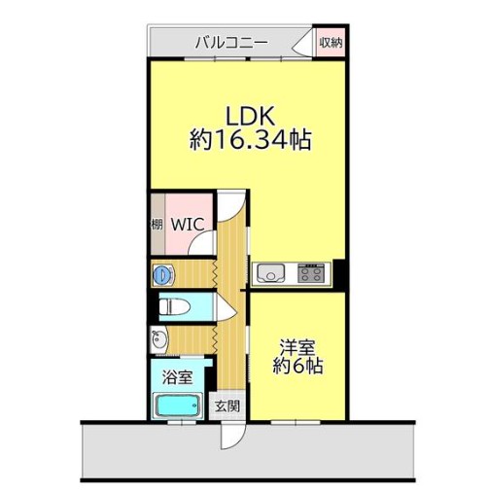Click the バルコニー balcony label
(x=231, y=43)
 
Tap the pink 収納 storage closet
(x=331, y=43)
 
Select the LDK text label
(x=251, y=116)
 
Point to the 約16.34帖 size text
(x=251, y=140)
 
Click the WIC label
(x=188, y=224)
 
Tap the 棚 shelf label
(x=157, y=225)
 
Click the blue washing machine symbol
(x=163, y=275)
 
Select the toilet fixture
(x=174, y=306)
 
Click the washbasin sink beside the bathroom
(x=158, y=340)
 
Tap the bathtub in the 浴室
(x=178, y=406)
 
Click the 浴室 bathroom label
(x=177, y=377)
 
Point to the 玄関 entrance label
(x=227, y=406)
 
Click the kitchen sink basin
(x=271, y=273)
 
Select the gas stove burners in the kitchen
(x=311, y=273)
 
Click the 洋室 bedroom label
(x=297, y=348)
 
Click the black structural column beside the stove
(x=339, y=274)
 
